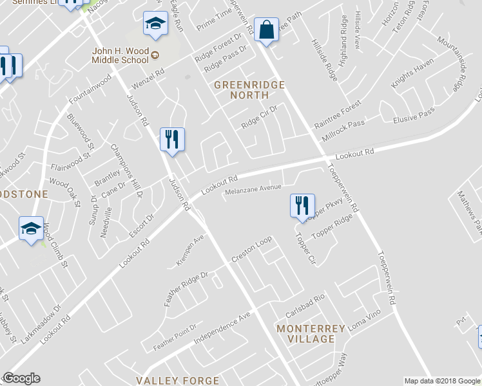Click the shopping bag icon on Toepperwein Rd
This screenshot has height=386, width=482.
(266, 30)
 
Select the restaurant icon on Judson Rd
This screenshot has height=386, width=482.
(172, 140)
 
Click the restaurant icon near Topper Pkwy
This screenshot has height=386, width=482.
(302, 206)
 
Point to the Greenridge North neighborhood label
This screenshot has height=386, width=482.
(241, 89)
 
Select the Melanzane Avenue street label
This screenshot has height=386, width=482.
(253, 188)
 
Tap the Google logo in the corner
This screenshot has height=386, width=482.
(21, 378)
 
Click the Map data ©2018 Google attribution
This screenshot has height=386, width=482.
(442, 381)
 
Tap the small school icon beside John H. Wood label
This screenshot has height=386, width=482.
(155, 57)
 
